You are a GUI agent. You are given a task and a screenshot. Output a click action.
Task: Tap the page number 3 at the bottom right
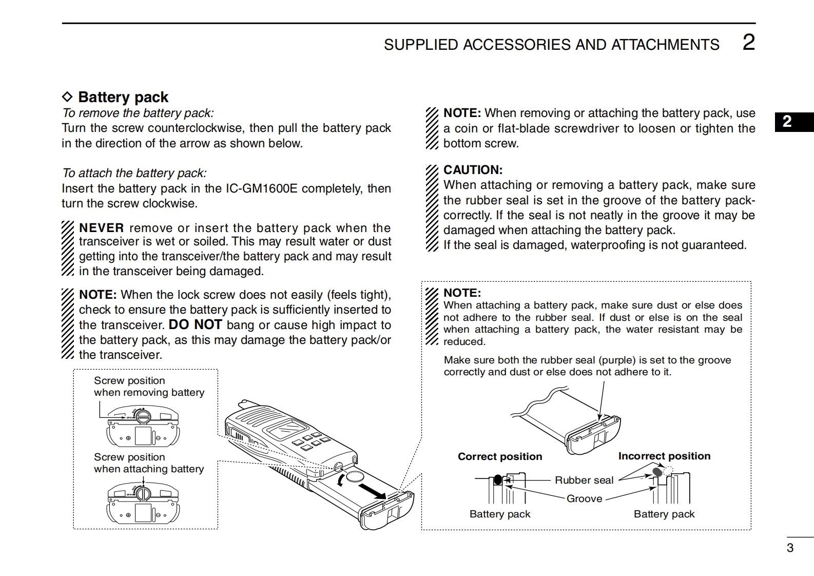point(790,548)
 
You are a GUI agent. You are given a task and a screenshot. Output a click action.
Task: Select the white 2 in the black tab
point(787,122)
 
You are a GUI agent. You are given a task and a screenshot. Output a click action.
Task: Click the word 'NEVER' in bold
point(102,228)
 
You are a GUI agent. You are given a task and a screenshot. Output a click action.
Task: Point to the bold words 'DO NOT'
point(195,324)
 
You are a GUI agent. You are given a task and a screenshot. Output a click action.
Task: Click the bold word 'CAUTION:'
point(473,170)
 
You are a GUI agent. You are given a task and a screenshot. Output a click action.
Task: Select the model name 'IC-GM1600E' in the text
point(261,188)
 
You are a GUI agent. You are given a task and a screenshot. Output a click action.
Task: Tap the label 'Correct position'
point(499,456)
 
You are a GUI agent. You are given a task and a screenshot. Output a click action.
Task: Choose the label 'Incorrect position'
point(664,456)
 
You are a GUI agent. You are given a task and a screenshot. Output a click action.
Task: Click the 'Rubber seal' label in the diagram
point(584,480)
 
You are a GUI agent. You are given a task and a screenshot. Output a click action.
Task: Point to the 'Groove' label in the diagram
point(584,498)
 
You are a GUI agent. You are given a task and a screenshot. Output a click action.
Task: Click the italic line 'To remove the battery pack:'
point(138,113)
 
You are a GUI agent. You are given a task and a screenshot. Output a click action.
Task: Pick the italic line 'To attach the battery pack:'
point(134,173)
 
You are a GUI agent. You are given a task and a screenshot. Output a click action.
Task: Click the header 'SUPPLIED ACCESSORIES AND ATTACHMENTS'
point(551,45)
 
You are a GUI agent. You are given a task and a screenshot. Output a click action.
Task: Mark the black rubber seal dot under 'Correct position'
point(497,480)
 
